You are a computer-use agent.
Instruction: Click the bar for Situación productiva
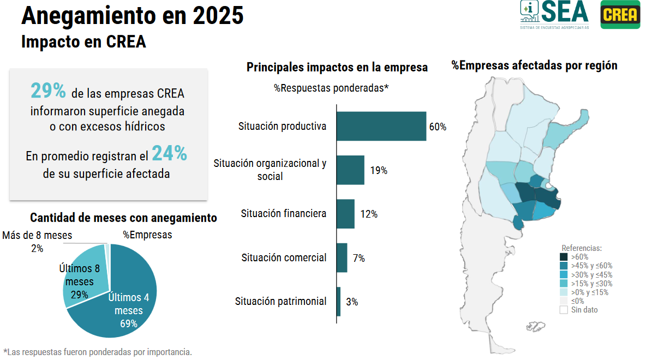tap(381, 126)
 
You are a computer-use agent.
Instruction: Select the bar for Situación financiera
tap(345, 214)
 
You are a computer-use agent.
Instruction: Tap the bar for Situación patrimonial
tap(338, 301)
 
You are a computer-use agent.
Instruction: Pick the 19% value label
tap(379, 170)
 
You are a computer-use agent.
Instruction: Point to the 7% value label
tap(358, 258)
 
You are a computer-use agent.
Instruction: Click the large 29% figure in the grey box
tap(48, 91)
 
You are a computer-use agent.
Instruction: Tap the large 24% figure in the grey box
tap(169, 154)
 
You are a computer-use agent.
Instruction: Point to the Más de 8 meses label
tap(37, 235)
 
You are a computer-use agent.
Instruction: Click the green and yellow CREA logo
tap(620, 15)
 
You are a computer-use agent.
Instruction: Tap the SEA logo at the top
tap(554, 14)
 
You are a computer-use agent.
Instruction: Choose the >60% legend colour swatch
tap(564, 257)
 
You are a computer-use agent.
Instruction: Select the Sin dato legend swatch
tap(564, 310)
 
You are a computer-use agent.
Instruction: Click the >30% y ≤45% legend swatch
tap(564, 274)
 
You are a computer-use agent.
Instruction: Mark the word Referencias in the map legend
tap(582, 248)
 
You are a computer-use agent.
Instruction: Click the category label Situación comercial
tap(284, 257)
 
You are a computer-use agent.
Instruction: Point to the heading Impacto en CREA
tap(83, 42)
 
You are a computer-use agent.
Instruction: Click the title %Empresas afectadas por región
tap(534, 65)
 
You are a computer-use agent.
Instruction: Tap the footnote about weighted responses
tap(98, 352)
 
